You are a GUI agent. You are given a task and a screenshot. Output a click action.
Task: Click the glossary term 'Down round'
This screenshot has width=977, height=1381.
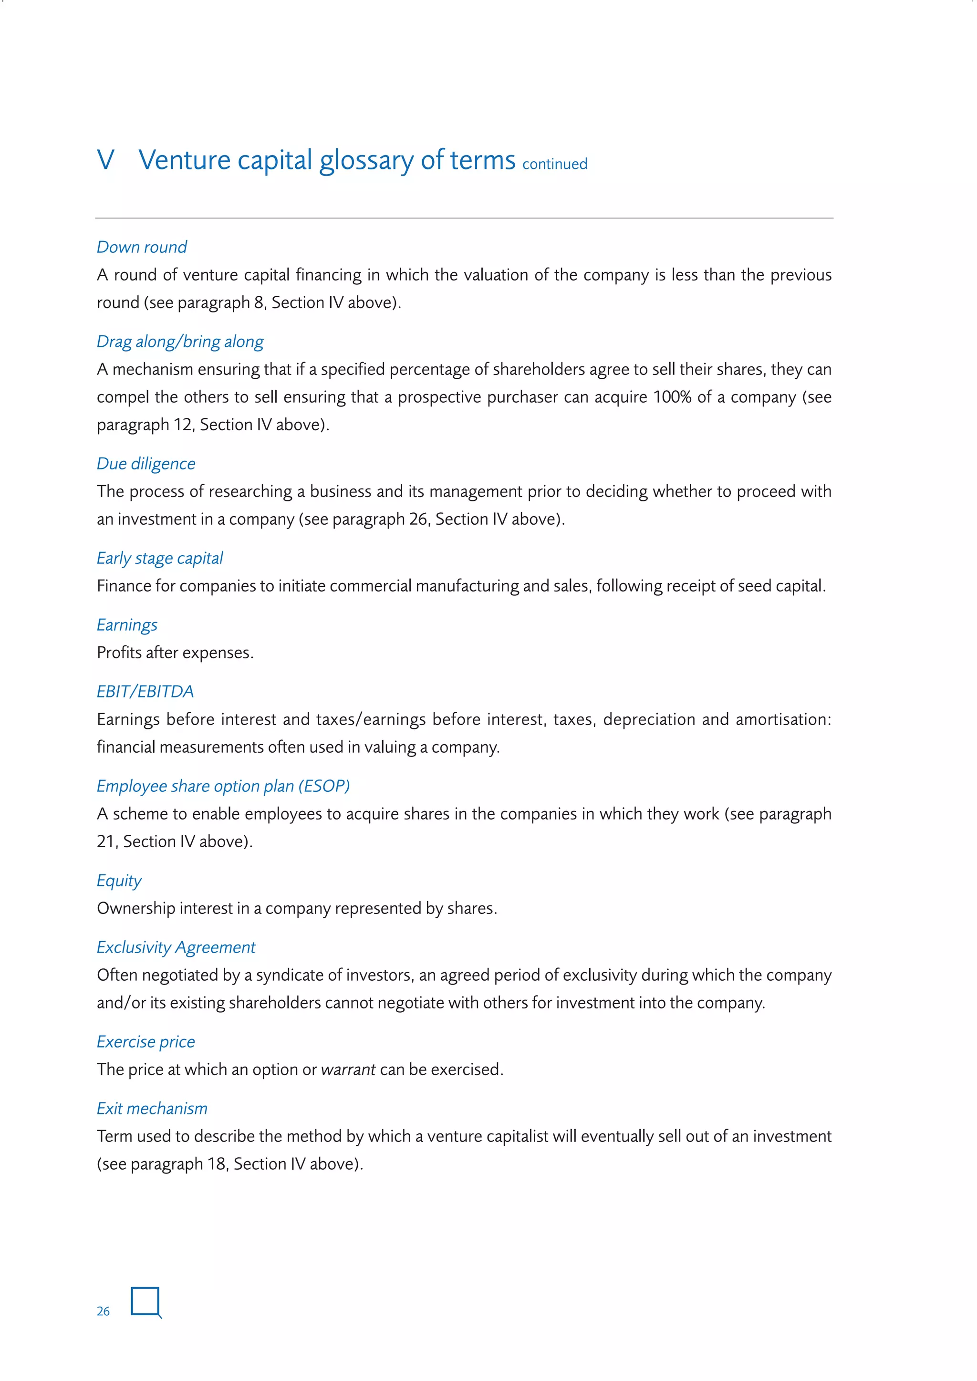point(142,247)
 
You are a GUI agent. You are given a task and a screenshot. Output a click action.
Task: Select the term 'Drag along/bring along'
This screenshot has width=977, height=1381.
point(180,342)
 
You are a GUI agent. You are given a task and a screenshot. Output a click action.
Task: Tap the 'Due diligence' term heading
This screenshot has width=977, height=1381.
point(146,464)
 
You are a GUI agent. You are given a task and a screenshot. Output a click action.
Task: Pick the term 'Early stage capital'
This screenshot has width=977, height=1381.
point(160,558)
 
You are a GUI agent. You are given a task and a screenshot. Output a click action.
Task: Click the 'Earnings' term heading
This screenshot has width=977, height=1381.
point(127,625)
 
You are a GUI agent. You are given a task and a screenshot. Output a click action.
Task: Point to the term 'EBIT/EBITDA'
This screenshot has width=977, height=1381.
point(146,692)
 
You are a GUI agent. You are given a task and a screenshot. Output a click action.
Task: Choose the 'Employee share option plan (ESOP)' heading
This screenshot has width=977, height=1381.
point(223,786)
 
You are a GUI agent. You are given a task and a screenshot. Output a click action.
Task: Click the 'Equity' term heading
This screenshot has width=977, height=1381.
point(119,881)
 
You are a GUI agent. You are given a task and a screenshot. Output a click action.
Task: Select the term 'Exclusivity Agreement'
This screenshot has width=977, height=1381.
point(176,947)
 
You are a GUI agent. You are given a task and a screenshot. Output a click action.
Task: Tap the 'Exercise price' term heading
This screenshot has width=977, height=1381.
point(146,1042)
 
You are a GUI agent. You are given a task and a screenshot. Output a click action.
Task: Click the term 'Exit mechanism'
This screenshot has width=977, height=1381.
point(152,1109)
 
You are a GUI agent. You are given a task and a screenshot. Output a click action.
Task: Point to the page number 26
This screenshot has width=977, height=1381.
point(104,1311)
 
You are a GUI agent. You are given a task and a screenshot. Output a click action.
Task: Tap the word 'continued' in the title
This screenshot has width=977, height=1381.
point(555,164)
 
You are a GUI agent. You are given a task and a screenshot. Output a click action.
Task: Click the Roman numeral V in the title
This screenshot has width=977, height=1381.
point(106,160)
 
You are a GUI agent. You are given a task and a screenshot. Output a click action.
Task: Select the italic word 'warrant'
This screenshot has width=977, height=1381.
point(348,1070)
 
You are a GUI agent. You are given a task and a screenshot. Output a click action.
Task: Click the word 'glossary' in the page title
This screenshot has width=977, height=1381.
point(366,161)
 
